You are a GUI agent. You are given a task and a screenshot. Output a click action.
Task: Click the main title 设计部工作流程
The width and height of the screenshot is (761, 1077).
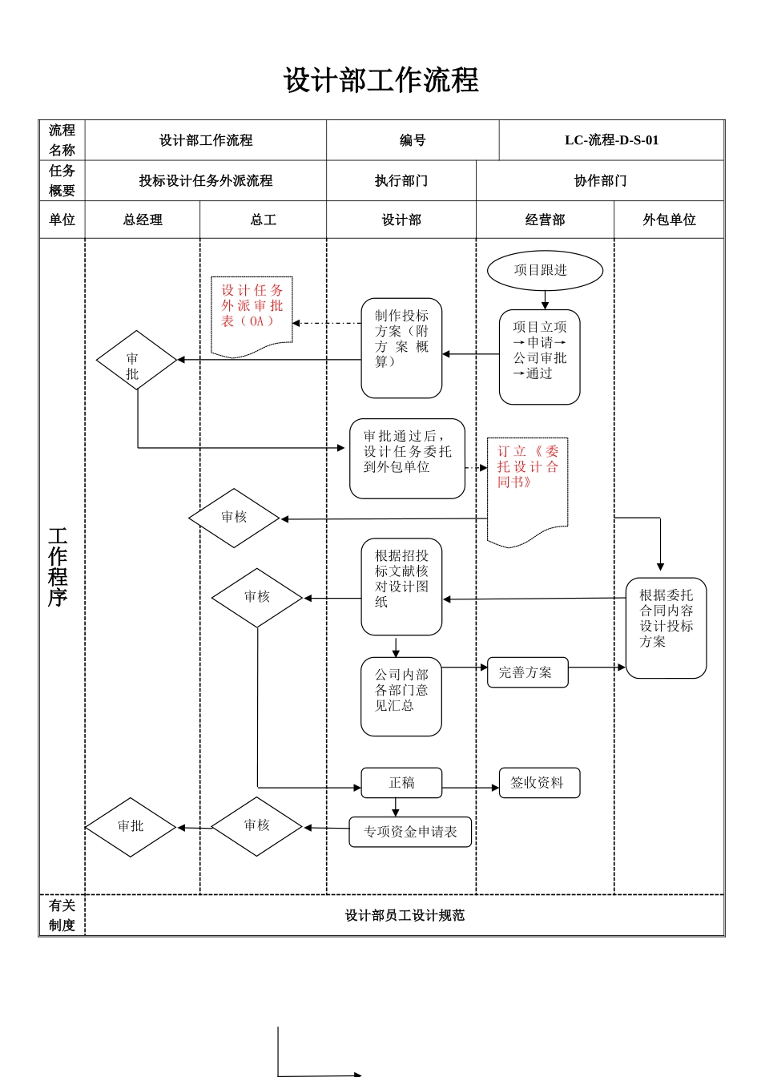380,80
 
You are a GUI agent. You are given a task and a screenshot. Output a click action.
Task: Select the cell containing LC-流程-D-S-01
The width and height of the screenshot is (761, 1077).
611,140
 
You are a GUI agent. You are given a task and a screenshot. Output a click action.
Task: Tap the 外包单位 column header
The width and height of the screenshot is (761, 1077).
669,220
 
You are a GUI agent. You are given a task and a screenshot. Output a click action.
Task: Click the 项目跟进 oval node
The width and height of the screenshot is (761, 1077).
545,271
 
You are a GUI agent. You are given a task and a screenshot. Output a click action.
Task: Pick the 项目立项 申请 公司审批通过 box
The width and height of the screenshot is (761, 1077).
539,357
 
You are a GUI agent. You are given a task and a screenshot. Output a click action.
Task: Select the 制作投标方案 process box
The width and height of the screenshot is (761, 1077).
401,348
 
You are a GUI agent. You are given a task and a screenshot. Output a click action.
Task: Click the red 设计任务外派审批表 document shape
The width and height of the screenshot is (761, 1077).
252,314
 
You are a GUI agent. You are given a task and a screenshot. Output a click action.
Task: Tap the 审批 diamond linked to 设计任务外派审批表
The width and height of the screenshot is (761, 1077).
136,361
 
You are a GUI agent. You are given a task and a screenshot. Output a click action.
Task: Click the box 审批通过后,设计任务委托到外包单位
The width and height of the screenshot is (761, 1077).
407,458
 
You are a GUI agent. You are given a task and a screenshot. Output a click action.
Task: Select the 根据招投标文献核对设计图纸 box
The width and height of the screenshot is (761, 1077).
401,587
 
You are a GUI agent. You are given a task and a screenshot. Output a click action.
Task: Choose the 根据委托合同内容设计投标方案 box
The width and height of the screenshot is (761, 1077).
666,627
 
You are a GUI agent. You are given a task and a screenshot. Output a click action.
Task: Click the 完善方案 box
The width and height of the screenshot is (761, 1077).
527,672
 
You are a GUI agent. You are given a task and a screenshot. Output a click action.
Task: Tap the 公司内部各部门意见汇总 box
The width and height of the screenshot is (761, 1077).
401,696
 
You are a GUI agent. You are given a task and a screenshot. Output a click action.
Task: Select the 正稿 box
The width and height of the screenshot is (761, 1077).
401,783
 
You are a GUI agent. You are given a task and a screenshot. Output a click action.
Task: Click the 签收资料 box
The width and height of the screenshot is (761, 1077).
539,783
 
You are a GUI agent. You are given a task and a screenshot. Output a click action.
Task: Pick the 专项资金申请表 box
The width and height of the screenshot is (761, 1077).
410,832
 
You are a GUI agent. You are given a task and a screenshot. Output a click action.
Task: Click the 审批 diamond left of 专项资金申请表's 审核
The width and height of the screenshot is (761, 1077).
131,827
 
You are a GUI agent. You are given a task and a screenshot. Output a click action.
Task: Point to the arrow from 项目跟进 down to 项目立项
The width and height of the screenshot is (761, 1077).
545,300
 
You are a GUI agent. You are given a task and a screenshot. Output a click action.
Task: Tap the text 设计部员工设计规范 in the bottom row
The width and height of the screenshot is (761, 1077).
405,915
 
